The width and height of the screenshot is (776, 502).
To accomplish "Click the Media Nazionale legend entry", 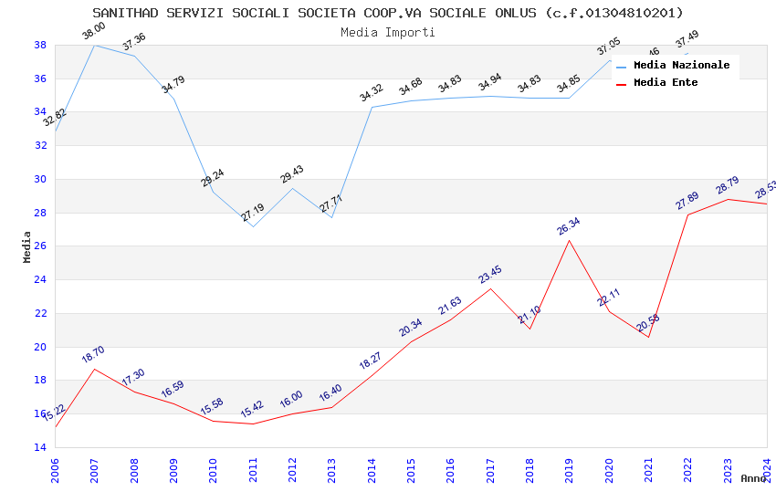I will [x=681, y=66].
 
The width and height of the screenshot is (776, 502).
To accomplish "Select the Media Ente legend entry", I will [x=666, y=83].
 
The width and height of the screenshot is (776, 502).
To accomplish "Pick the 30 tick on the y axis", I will [x=40, y=179].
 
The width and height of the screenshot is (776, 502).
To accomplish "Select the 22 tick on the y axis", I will [x=40, y=313].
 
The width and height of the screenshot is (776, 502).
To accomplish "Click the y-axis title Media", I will [x=27, y=246].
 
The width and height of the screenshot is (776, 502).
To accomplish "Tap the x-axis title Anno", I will [x=753, y=478].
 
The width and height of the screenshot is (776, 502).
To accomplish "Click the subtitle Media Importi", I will [x=388, y=33].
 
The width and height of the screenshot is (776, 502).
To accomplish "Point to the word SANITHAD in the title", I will [x=125, y=13].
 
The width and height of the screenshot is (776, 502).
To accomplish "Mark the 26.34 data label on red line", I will [x=569, y=226].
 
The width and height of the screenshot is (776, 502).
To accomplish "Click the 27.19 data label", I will [x=253, y=213].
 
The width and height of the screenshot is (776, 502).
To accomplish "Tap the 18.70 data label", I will [x=93, y=355].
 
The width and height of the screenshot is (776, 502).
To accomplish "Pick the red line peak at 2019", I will [x=570, y=240].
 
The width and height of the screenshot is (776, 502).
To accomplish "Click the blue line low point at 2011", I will [x=253, y=225].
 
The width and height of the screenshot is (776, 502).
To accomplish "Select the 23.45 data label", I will [x=490, y=275].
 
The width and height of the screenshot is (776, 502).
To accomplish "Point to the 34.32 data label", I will [x=372, y=93].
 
